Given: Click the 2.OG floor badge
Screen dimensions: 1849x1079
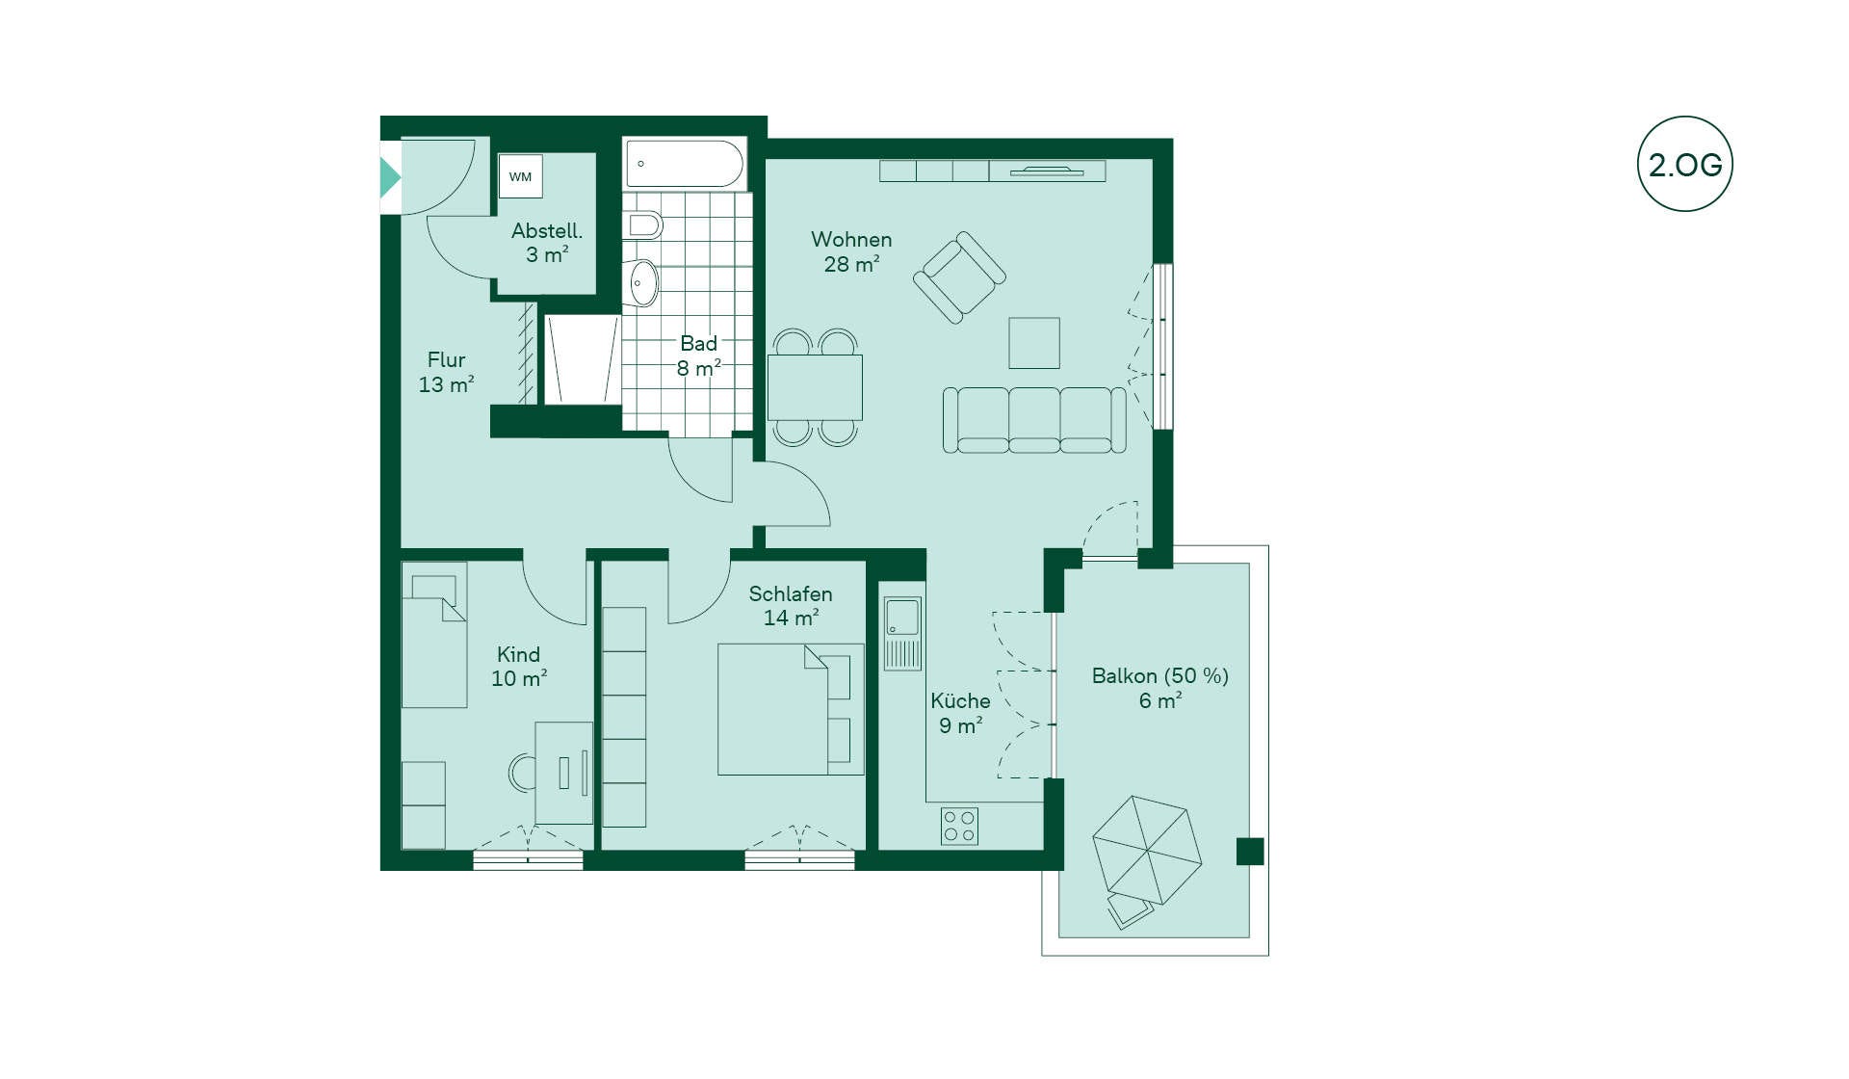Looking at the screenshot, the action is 1684,164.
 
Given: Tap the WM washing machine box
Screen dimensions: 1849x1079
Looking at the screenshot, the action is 520,176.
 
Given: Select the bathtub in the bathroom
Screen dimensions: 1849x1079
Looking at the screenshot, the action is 685,164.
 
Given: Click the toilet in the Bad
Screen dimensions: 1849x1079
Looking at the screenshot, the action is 644,225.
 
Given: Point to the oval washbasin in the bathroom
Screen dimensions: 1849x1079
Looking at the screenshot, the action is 643,283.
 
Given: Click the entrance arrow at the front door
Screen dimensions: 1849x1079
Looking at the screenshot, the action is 390,177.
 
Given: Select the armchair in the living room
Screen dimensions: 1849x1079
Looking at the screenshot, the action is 959,277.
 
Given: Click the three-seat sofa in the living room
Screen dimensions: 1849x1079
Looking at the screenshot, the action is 1034,420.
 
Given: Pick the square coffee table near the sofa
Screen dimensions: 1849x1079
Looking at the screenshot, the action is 1034,343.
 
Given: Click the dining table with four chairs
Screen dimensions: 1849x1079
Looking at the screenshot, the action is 815,387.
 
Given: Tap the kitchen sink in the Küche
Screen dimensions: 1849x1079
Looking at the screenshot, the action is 902,633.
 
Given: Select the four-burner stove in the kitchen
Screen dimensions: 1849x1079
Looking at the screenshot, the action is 959,827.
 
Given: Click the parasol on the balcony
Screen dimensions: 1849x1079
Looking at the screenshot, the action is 1147,850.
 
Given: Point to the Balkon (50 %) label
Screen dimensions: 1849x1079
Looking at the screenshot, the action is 1159,676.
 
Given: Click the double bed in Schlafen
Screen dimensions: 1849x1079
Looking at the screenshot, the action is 791,710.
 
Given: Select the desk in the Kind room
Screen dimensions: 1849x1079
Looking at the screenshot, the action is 563,773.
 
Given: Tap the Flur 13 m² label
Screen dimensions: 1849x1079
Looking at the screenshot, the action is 446,372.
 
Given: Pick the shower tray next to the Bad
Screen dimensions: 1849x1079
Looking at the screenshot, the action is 583,359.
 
